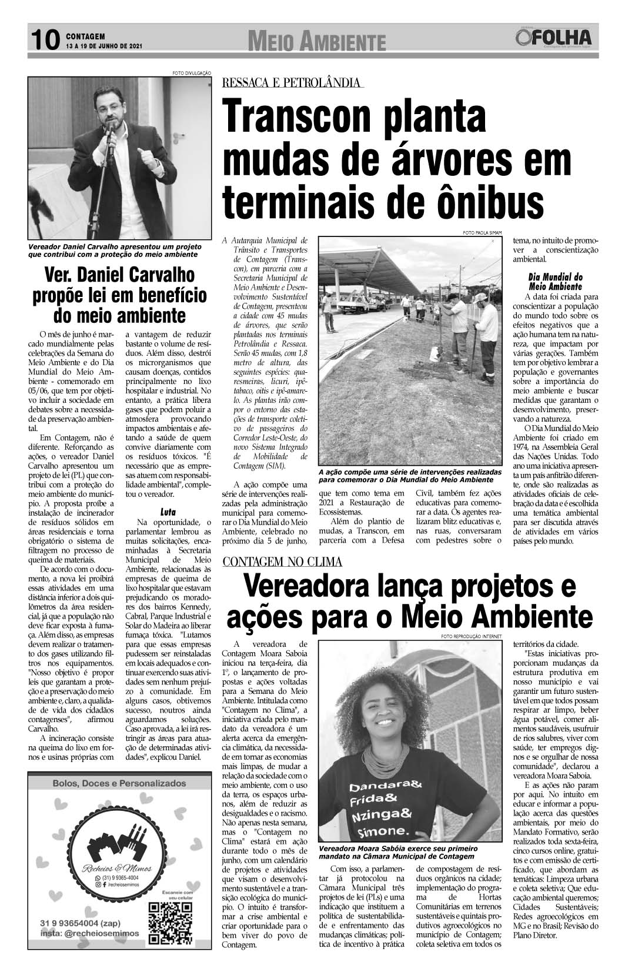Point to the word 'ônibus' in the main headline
(x=482, y=203)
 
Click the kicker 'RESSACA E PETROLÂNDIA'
(x=292, y=83)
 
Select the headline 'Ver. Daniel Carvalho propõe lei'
(x=119, y=296)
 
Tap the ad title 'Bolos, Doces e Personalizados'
(x=119, y=783)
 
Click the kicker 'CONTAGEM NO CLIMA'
(x=282, y=562)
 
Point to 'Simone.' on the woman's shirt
(x=377, y=831)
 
